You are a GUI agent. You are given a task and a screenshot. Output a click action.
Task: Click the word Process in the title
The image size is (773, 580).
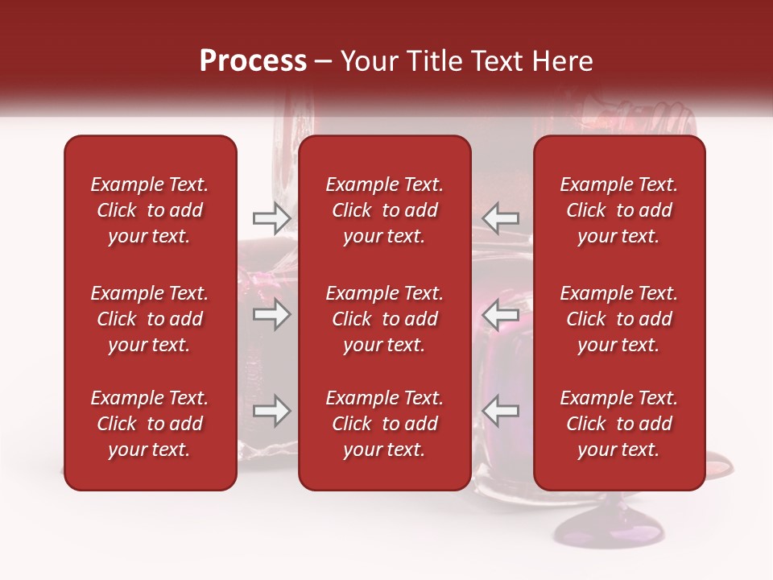tap(253, 61)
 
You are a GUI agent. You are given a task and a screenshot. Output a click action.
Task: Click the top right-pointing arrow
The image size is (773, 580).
tap(272, 217)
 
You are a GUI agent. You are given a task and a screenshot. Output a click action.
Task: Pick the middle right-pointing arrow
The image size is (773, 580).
tap(272, 315)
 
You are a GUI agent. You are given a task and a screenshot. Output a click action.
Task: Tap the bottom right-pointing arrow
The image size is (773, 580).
tap(272, 412)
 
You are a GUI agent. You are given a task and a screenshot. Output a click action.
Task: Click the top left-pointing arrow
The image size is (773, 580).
tap(500, 217)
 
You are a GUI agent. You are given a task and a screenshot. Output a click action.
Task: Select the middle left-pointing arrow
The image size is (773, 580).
tap(500, 315)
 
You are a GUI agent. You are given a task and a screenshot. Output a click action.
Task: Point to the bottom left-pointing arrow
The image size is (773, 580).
tap(500, 412)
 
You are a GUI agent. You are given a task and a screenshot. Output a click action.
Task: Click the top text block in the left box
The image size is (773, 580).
tap(150, 210)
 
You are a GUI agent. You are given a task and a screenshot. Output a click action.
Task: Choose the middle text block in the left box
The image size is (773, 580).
tap(150, 319)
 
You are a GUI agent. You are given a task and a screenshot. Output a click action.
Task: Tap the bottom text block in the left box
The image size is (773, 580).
tap(150, 424)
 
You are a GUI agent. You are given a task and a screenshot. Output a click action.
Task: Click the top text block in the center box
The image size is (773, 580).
tap(385, 210)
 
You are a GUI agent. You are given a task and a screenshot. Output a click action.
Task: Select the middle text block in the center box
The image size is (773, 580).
tap(385, 319)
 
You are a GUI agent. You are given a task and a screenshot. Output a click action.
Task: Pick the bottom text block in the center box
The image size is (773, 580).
tap(385, 424)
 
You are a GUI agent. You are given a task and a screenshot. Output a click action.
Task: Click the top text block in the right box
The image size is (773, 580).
tap(619, 210)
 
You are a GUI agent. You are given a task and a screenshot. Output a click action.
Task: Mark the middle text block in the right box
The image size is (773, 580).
tap(619, 319)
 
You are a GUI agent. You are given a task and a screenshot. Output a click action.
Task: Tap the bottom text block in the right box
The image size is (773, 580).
tap(619, 424)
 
